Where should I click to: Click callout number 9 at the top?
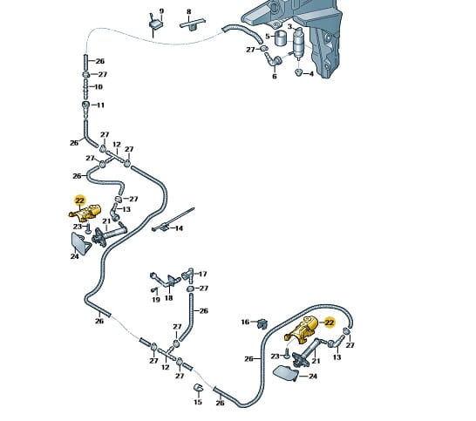click(x=161, y=11)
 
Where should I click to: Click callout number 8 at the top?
click(x=189, y=12)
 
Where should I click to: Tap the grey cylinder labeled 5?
click(x=281, y=38)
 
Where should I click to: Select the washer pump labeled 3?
click(x=298, y=43)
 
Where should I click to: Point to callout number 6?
click(x=275, y=76)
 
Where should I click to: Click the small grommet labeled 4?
click(x=299, y=72)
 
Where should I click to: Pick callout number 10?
click(x=99, y=87)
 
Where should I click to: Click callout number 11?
click(x=100, y=105)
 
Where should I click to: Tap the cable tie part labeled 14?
click(x=173, y=220)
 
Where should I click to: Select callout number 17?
click(x=202, y=274)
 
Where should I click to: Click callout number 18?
click(x=169, y=298)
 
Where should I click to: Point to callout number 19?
click(x=156, y=300)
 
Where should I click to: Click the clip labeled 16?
click(x=263, y=323)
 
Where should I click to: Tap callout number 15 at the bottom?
click(x=198, y=402)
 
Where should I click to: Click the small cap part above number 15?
click(x=199, y=388)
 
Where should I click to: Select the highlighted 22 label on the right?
click(x=329, y=323)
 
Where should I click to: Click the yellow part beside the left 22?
click(x=85, y=212)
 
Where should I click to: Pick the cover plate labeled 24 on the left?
click(x=80, y=243)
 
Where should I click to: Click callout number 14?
click(x=179, y=228)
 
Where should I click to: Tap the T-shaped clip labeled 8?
click(x=193, y=24)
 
